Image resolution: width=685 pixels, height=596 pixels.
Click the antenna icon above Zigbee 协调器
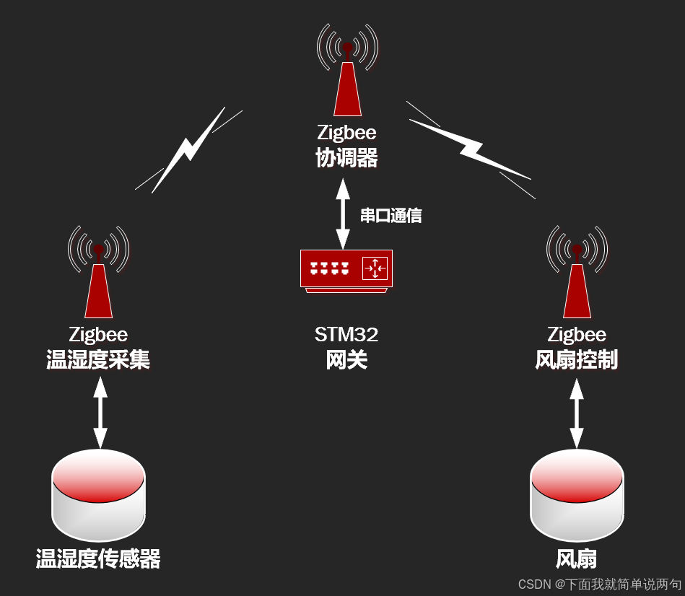(x=347, y=72)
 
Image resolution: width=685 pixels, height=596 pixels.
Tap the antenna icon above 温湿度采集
(x=98, y=274)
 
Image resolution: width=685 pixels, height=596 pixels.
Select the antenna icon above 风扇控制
(x=577, y=274)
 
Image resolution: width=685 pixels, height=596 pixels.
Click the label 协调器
(x=346, y=157)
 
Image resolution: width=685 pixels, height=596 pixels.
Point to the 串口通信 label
(x=391, y=215)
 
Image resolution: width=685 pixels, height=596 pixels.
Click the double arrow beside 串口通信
(x=343, y=214)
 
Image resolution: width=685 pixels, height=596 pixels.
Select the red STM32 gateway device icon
(x=346, y=271)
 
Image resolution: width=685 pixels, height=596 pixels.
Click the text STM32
(x=346, y=335)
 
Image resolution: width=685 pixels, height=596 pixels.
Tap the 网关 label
(x=346, y=359)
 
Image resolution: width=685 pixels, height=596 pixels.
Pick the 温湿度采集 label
(x=98, y=359)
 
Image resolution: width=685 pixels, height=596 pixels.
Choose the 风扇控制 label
(x=577, y=359)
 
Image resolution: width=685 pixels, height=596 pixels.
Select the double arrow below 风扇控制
(x=577, y=413)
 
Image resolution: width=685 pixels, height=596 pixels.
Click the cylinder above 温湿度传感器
(x=99, y=496)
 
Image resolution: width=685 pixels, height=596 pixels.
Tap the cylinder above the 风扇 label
(x=577, y=496)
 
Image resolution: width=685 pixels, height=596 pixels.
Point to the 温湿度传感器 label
(x=98, y=558)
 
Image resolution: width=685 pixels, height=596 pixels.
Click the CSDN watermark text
(x=599, y=584)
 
